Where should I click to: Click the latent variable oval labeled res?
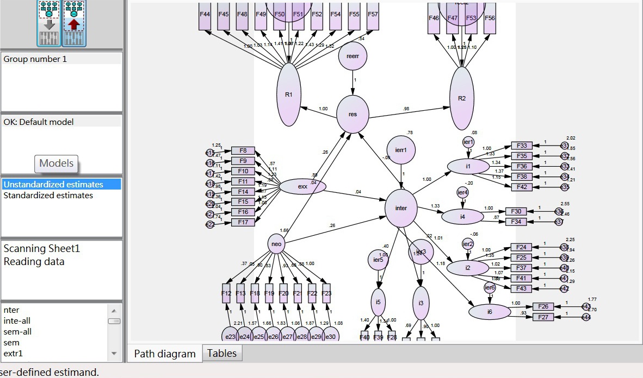(353, 114)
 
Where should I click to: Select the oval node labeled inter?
(401, 208)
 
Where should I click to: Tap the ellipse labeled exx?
(303, 187)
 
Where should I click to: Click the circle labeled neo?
(276, 244)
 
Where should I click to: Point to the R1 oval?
(288, 94)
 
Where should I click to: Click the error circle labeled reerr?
(353, 57)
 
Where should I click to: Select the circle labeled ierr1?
(401, 150)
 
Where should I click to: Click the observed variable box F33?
(522, 146)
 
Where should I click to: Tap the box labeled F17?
(243, 222)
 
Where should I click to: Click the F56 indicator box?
(490, 18)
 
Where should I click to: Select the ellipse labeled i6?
(490, 312)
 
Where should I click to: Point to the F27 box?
(543, 317)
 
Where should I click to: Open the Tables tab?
(222, 354)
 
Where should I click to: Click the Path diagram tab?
(164, 354)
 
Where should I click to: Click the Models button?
(57, 163)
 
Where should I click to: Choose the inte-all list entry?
(17, 321)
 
